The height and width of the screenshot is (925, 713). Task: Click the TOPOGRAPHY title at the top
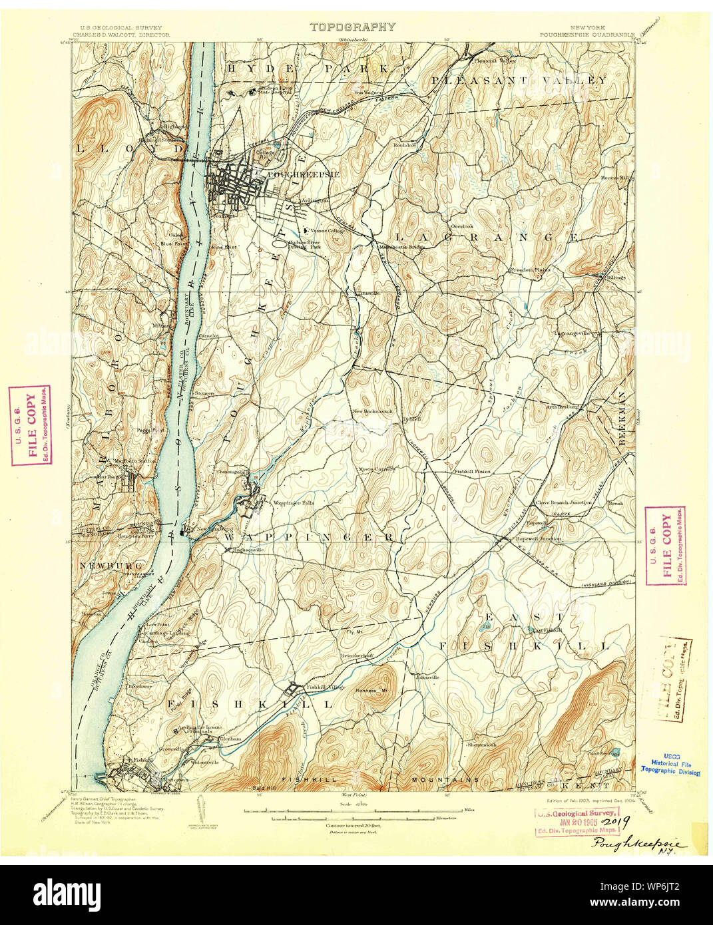[352, 27]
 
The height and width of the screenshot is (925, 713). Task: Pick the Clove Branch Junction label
[564, 503]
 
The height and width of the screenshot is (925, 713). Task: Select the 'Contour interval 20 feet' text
[352, 826]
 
